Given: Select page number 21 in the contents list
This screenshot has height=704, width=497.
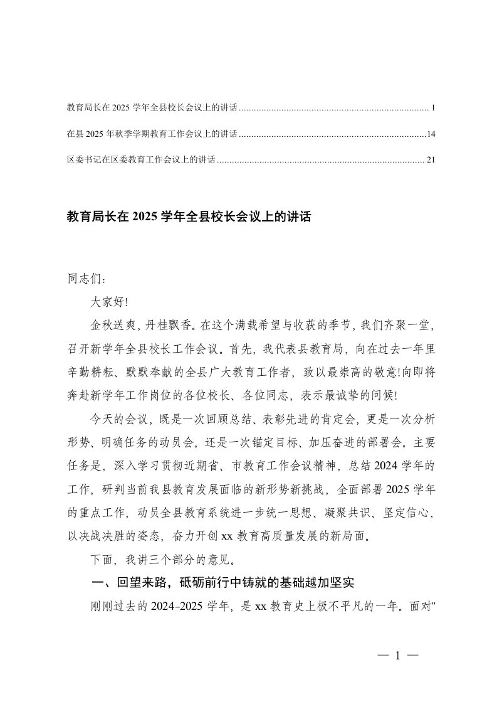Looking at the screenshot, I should [430, 160].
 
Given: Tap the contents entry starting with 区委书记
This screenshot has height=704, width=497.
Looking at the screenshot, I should [141, 160].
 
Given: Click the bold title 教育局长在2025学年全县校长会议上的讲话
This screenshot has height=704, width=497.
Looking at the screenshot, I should [189, 218].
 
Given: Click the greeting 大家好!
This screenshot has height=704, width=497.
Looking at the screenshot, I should [109, 302].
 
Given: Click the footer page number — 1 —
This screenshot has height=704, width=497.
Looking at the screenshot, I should [397, 656].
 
